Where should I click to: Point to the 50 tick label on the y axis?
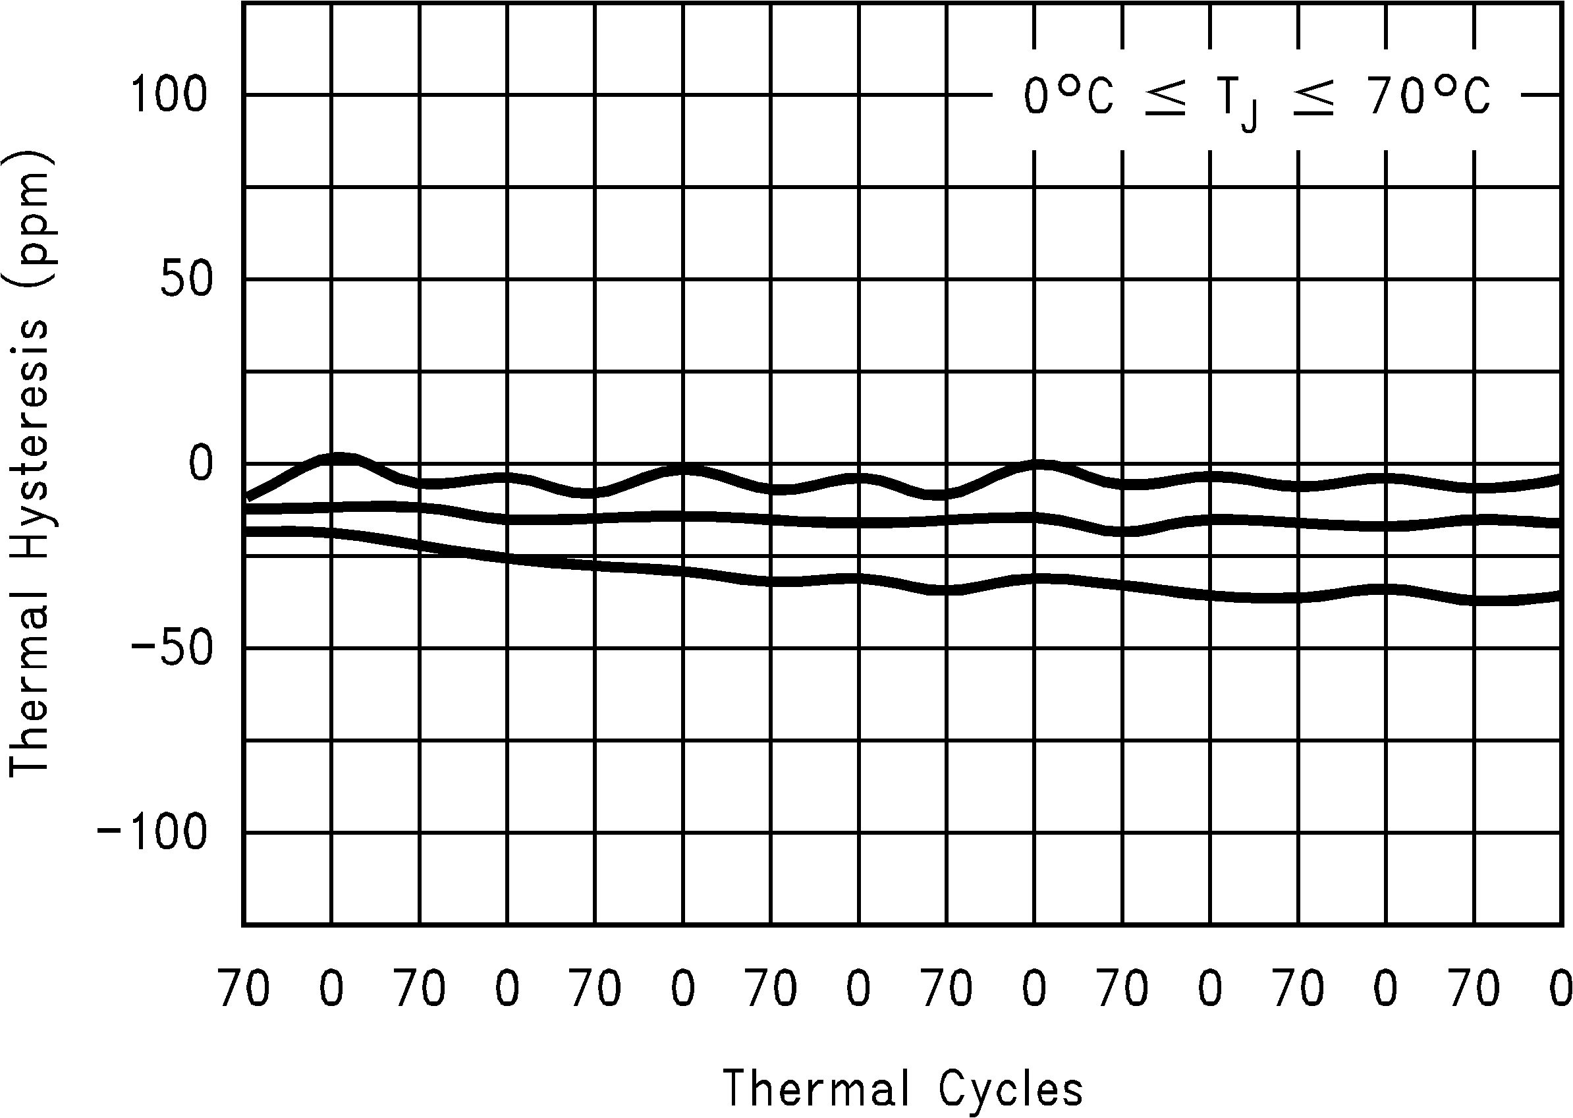pyautogui.click(x=186, y=279)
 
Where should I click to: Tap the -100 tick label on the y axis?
pyautogui.click(x=153, y=833)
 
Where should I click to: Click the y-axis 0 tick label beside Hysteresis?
pyautogui.click(x=201, y=464)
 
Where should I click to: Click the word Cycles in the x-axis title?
pyautogui.click(x=1010, y=1090)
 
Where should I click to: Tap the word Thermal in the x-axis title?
pyautogui.click(x=815, y=1090)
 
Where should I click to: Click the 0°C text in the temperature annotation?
pyautogui.click(x=1068, y=96)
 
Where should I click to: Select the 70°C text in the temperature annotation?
pyautogui.click(x=1429, y=96)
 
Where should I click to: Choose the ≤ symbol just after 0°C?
pyautogui.click(x=1165, y=98)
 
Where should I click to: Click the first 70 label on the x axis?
pyautogui.click(x=244, y=989)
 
